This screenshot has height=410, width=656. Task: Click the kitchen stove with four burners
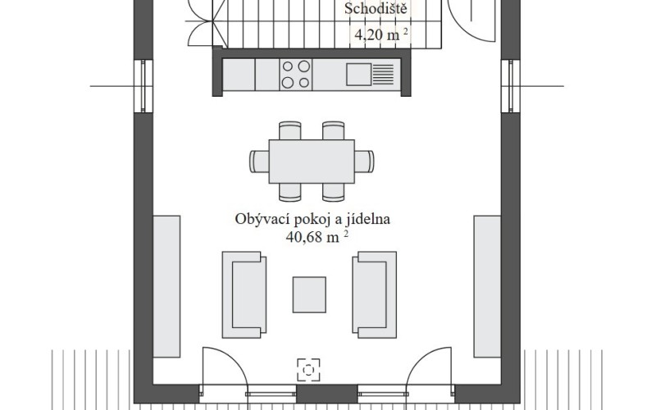(x=297, y=75)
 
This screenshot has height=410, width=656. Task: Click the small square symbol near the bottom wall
(x=309, y=369)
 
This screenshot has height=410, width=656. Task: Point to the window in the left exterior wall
(x=141, y=85)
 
